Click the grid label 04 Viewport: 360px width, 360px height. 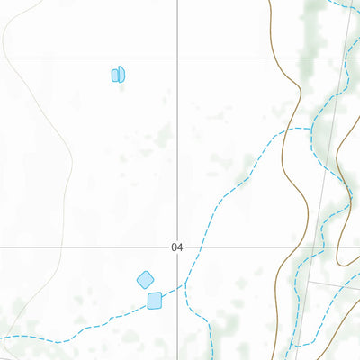176,247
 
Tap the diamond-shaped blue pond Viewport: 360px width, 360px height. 145,280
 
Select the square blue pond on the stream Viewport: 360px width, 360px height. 155,300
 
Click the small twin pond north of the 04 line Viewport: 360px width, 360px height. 118,75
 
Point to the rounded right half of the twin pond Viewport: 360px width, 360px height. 121,74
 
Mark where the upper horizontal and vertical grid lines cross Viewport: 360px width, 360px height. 177,58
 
